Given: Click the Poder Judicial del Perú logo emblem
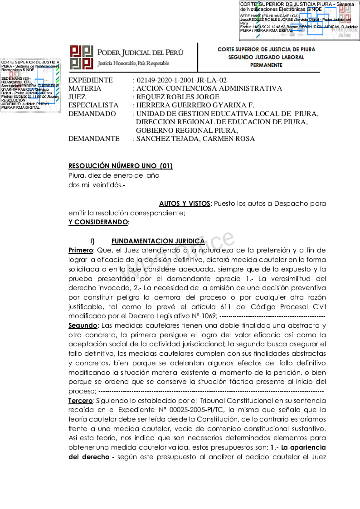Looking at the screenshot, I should point(82,58).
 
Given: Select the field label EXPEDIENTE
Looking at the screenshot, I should point(91,80).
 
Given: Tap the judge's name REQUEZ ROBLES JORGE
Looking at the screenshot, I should point(178,97).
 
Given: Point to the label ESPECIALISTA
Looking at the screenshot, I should point(93,105).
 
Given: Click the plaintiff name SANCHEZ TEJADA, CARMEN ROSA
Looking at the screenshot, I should point(195,139).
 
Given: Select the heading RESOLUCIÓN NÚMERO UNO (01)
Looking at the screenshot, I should point(120,166).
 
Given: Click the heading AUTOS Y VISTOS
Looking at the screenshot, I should point(185,204).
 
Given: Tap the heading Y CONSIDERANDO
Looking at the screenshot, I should point(98,222).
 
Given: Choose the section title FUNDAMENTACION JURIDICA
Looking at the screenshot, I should point(151,241).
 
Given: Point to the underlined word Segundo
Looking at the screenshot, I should point(83,325).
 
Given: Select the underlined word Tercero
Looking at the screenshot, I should point(81,401).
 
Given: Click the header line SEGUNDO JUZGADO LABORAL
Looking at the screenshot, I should point(266,57).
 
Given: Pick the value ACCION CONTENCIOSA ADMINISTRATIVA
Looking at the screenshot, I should point(209,88).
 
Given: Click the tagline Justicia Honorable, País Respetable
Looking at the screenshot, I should point(133,63).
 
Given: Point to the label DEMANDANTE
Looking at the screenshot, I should point(94,139).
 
